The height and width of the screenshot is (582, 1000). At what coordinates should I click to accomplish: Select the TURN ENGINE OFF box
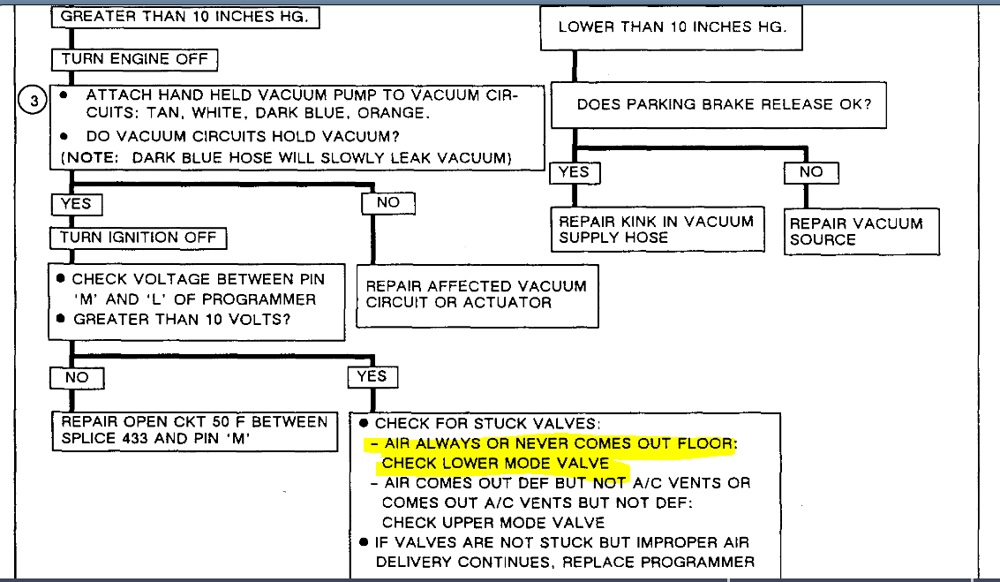coord(135,59)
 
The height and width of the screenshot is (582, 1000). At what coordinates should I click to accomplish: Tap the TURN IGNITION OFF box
coord(138,238)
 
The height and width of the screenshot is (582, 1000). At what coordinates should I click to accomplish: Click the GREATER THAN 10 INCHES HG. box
coord(184,17)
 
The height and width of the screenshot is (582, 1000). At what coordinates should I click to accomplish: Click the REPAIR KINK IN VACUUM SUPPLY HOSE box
coord(656,230)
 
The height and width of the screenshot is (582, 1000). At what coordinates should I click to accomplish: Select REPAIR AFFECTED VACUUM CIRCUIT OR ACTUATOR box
coord(477,294)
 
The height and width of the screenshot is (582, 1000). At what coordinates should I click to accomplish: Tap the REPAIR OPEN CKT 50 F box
coord(193,430)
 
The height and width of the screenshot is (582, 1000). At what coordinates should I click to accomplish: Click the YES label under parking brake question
coord(575,172)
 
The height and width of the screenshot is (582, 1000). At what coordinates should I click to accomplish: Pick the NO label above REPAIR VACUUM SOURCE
coord(810,173)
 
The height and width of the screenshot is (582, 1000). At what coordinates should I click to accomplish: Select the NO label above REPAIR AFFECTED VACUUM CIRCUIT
coord(387,202)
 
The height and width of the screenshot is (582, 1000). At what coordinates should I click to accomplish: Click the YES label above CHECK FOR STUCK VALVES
coord(372,376)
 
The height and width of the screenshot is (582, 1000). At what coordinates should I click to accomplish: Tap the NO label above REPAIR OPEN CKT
coord(77,377)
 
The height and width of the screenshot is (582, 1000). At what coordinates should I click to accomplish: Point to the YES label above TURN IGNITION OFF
coord(76,204)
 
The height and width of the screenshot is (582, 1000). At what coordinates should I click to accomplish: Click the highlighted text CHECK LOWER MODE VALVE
coord(495,464)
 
